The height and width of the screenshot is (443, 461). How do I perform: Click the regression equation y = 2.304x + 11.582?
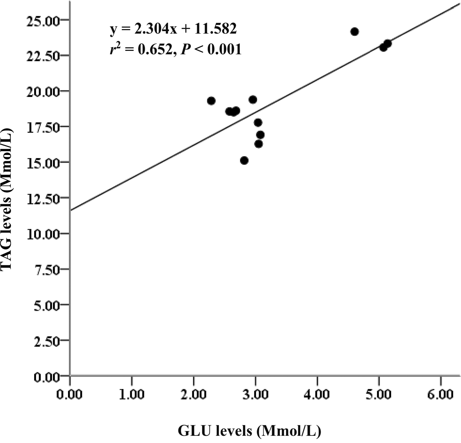coord(173,29)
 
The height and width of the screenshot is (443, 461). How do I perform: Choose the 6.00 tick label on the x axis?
coord(440,394)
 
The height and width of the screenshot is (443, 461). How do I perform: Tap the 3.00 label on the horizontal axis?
coord(255,394)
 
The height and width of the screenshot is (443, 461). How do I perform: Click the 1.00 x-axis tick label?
coord(132,394)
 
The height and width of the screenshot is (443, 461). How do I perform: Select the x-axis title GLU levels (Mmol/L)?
coord(250,431)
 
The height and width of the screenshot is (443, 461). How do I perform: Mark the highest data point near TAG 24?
coord(355,32)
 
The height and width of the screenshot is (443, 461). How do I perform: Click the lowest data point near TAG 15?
coord(244,160)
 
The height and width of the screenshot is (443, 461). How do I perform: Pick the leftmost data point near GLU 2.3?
coord(211,101)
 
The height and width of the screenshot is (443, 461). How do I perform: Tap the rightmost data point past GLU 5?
coord(387,43)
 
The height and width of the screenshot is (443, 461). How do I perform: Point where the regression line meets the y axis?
coord(70,210)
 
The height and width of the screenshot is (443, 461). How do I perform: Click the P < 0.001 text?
coord(211,49)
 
